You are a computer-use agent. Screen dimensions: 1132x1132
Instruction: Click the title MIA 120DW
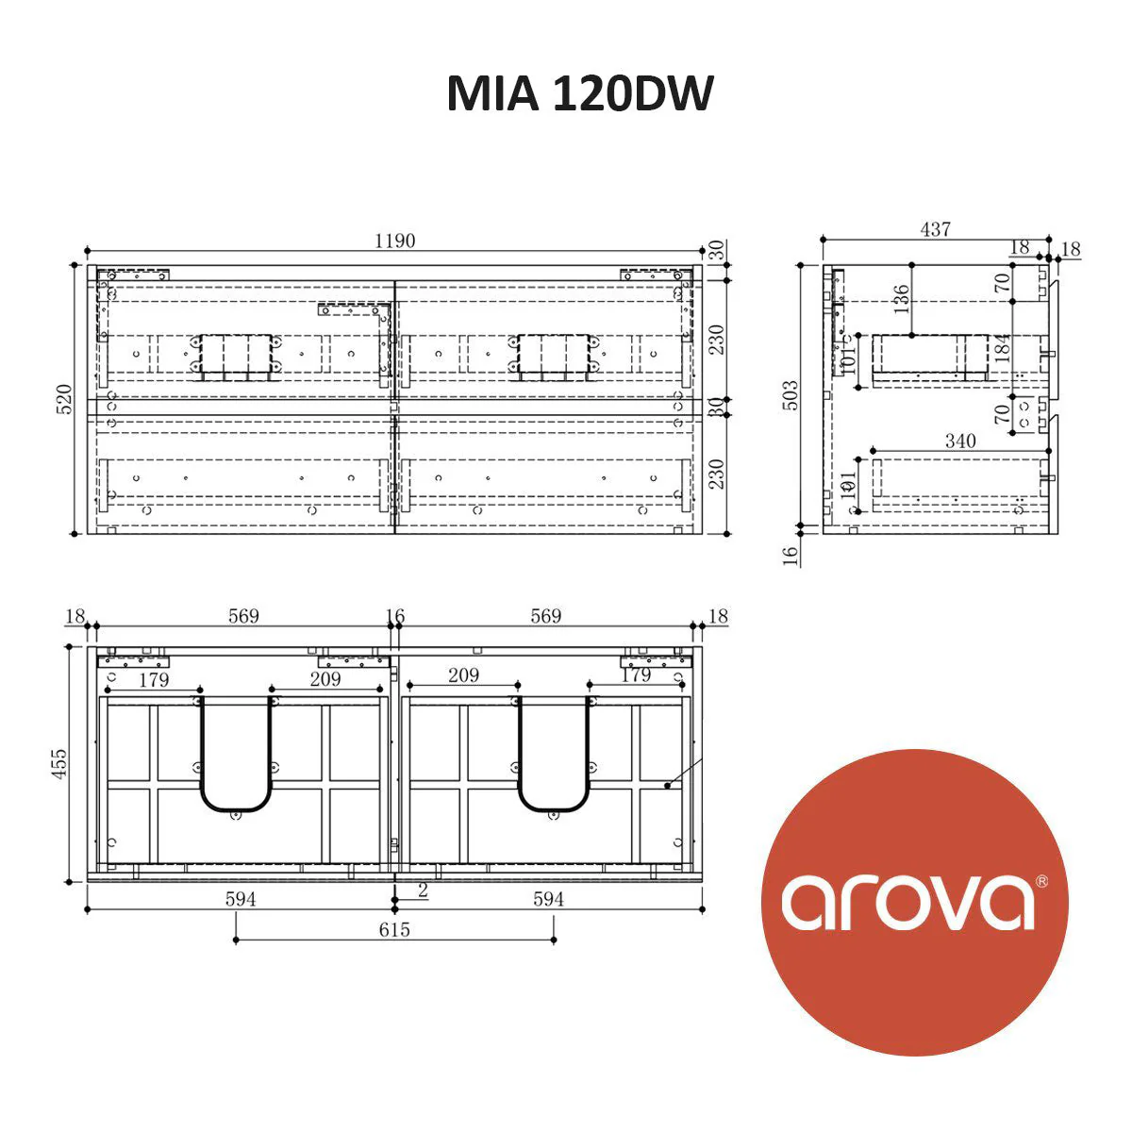[x=579, y=93]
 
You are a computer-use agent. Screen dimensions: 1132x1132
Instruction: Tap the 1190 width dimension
[x=394, y=241]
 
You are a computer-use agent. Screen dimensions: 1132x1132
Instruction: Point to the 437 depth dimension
[x=935, y=229]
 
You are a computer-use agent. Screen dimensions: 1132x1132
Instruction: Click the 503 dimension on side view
[x=791, y=394]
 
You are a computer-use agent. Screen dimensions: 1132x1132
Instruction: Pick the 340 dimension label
[x=960, y=441]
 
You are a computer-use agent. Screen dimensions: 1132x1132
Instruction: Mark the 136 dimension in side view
[x=901, y=299]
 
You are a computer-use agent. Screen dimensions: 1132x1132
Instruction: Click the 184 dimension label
[x=1003, y=347]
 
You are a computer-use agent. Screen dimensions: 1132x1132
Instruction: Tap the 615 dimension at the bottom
[x=394, y=930]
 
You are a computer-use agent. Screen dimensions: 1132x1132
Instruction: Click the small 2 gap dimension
[x=423, y=890]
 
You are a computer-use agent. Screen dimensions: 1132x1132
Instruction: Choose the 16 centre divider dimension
[x=395, y=617]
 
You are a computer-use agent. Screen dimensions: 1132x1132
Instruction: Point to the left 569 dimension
[x=243, y=616]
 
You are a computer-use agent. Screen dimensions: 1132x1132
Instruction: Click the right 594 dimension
[x=548, y=899]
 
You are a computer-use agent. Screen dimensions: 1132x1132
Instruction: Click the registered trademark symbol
[x=1041, y=881]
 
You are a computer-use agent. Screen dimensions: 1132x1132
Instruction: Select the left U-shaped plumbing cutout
[x=236, y=755]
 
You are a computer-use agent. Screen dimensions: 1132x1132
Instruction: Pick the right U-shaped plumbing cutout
[x=553, y=755]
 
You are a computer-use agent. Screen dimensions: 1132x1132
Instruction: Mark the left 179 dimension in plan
[x=153, y=679]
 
